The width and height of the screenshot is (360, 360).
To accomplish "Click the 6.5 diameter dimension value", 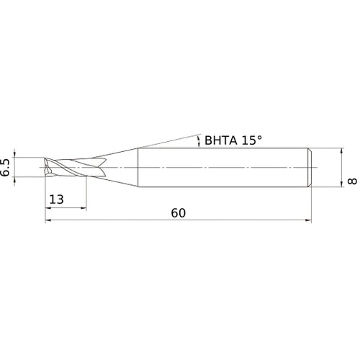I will click(6, 167).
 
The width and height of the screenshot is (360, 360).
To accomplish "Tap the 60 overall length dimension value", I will click(179, 213).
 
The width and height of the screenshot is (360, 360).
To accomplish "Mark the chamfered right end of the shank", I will click(310, 167).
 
